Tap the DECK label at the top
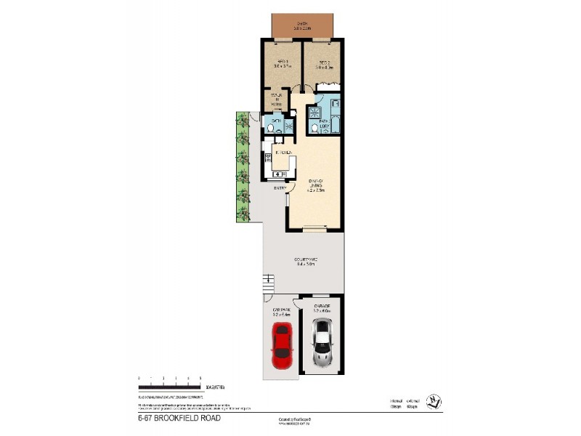[x=303, y=24]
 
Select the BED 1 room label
[x=282, y=63]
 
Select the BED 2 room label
[x=322, y=63]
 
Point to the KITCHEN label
[x=283, y=153]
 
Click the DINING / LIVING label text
[x=316, y=186]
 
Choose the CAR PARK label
[x=281, y=311]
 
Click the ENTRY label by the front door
[x=279, y=189]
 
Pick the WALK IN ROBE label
[x=277, y=100]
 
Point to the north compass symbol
[x=433, y=399]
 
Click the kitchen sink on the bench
[x=277, y=174]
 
